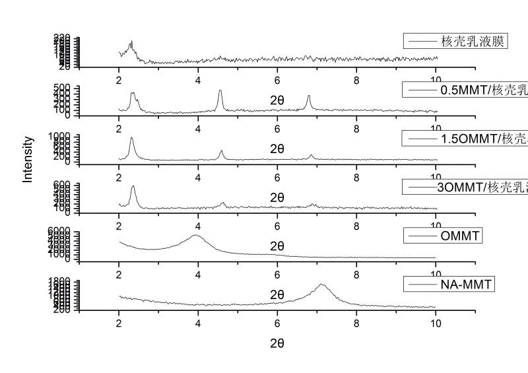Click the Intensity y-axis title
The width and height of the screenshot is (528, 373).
28,159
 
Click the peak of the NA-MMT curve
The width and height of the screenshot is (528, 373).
321,285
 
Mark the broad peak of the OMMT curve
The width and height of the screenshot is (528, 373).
195,235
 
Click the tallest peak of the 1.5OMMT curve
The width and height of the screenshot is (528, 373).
131,138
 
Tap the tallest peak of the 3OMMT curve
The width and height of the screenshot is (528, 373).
133,187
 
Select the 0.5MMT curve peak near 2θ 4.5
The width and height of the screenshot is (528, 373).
220,90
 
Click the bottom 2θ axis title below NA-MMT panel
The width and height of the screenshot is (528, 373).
277,343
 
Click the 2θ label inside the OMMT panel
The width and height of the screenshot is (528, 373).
277,246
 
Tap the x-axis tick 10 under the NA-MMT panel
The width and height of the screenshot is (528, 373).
436,322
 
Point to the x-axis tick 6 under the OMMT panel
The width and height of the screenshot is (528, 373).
277,273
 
